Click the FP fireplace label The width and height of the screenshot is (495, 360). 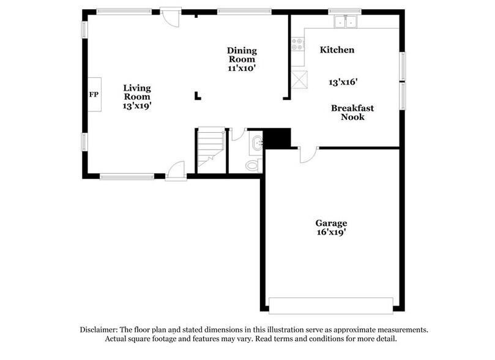tap(94, 95)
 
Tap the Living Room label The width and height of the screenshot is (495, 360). tap(137, 92)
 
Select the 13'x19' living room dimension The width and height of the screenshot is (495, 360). tap(137, 105)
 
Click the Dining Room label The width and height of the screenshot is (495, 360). tap(242, 54)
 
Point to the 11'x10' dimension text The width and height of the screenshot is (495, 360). tap(242, 69)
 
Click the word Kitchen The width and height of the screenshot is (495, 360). tap(337, 50)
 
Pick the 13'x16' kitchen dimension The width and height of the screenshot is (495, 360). tap(343, 81)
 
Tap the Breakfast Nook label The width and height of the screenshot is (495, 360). tap(352, 112)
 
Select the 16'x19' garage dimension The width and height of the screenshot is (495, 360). tap(331, 233)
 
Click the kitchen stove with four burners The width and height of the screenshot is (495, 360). tap(298, 44)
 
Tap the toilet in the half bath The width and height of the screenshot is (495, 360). tap(251, 164)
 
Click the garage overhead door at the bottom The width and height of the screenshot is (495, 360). tap(331, 306)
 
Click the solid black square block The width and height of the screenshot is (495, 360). tap(277, 137)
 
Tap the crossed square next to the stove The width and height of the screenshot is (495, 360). tap(299, 80)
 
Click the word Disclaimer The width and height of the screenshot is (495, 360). tap(100, 329)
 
